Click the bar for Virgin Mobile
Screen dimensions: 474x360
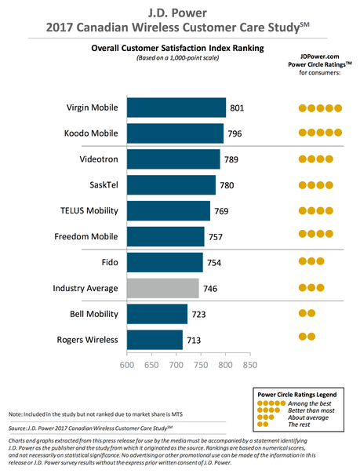click(176, 108)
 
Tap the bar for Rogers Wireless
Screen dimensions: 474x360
click(155, 339)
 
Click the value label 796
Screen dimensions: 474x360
click(235, 133)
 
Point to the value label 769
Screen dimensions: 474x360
click(222, 211)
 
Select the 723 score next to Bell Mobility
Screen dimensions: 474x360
click(199, 314)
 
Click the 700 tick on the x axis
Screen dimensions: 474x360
click(176, 365)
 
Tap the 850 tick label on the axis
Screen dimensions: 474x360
click(250, 365)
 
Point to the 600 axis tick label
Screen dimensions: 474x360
click(126, 365)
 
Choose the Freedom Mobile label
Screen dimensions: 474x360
click(87, 237)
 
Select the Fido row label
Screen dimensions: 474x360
click(109, 262)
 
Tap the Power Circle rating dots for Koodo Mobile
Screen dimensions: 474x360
click(320, 133)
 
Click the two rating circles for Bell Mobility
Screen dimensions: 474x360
click(307, 313)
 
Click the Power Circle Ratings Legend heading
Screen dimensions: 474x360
click(299, 391)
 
